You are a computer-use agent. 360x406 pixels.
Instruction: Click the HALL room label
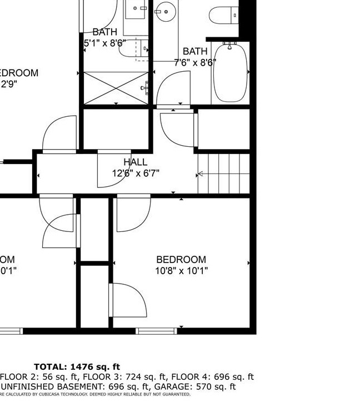pyautogui.click(x=136, y=162)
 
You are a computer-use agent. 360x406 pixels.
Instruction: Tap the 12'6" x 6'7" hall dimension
pyautogui.click(x=136, y=173)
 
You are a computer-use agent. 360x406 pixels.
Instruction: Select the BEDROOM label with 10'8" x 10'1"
pyautogui.click(x=181, y=260)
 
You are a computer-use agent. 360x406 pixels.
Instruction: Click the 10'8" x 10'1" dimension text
pyautogui.click(x=181, y=271)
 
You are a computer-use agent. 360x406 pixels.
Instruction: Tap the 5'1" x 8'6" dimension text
pyautogui.click(x=105, y=42)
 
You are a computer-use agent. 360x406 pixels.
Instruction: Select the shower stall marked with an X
pyautogui.click(x=116, y=87)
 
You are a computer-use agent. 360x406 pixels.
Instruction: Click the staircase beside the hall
pyautogui.click(x=224, y=174)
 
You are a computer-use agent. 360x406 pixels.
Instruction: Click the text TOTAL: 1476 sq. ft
pyautogui.click(x=77, y=367)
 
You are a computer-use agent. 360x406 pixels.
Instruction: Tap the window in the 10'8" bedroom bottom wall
pyautogui.click(x=156, y=331)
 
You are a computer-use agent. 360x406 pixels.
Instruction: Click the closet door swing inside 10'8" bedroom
pyautogui.click(x=129, y=300)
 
